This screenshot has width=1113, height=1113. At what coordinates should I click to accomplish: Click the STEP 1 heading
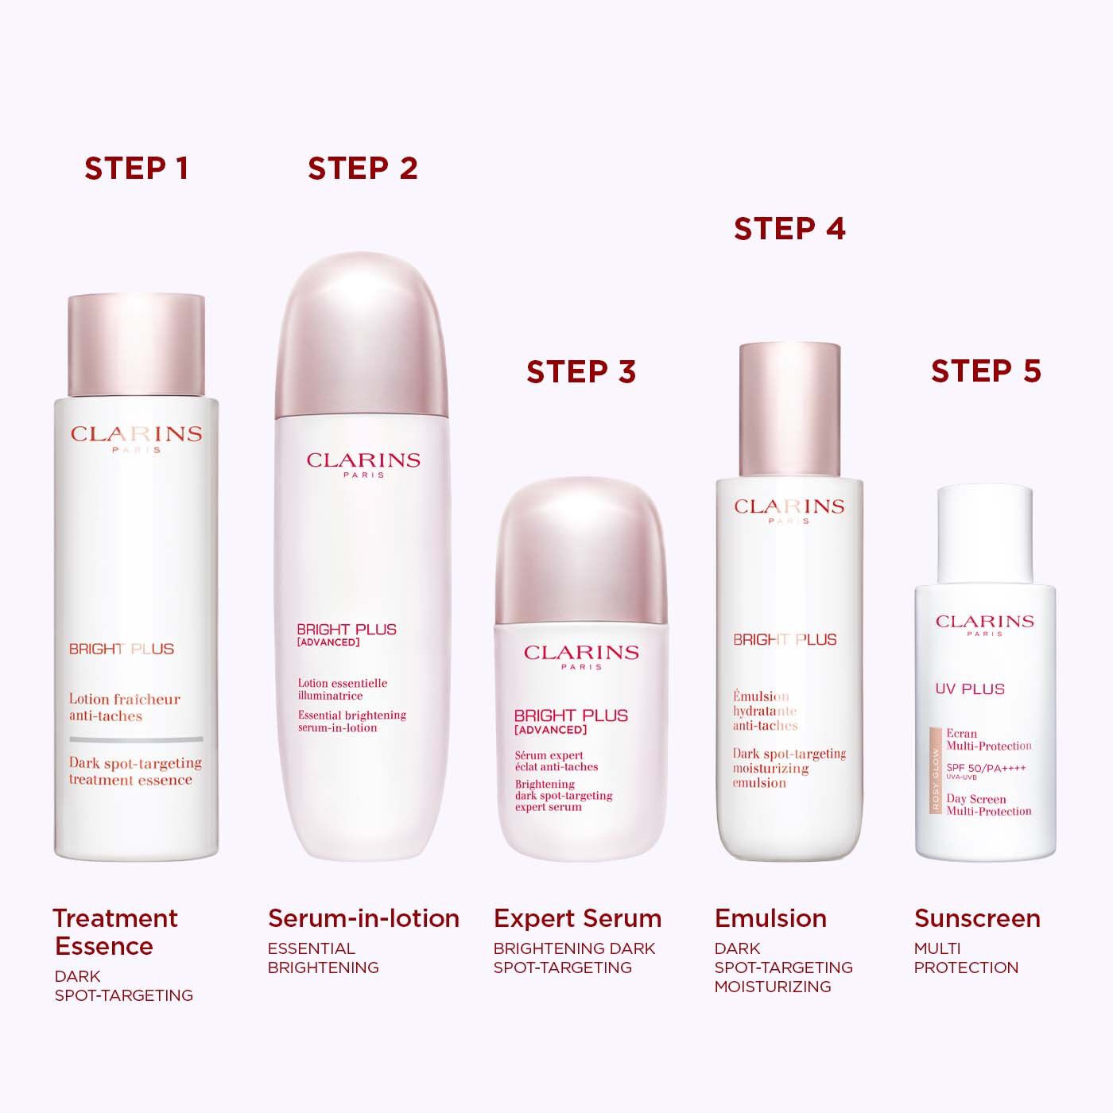click(x=136, y=169)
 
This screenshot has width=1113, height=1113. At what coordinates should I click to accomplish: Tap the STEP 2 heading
click(x=363, y=169)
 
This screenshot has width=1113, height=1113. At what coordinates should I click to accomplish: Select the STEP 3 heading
click(x=581, y=371)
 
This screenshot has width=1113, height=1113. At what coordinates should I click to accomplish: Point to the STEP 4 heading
click(x=789, y=229)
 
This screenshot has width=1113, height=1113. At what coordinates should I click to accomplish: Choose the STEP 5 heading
click(x=986, y=370)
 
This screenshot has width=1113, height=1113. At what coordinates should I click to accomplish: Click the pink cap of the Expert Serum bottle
click(x=581, y=549)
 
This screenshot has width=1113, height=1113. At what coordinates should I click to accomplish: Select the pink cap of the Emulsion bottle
click(x=789, y=409)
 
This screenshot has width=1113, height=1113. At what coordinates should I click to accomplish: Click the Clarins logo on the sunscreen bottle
click(x=985, y=622)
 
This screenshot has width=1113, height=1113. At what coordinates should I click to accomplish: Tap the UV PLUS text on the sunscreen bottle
click(x=970, y=689)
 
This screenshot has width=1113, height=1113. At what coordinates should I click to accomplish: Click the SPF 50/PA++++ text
click(x=986, y=768)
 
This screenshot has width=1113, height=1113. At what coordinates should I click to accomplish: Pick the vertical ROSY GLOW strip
click(x=936, y=779)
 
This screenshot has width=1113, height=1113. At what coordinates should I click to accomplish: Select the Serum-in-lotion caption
click(x=363, y=918)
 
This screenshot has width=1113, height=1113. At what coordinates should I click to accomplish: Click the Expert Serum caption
click(x=577, y=918)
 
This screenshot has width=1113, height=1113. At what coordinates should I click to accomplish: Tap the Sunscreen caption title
click(x=977, y=918)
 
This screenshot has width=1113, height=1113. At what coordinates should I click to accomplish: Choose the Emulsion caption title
click(x=770, y=918)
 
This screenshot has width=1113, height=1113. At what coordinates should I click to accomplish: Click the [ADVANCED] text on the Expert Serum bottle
click(x=550, y=730)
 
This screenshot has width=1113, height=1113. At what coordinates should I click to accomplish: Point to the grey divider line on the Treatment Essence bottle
click(x=136, y=739)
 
